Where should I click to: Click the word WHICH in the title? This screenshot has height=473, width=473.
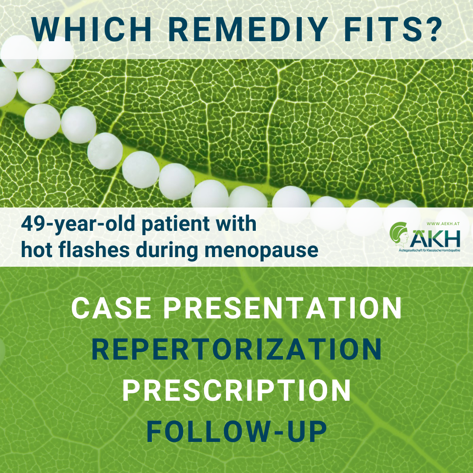(x=91, y=30)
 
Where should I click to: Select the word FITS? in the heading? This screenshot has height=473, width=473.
(x=393, y=30)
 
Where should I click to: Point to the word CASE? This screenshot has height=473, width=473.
(x=111, y=308)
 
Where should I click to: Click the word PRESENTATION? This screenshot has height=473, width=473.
(x=282, y=308)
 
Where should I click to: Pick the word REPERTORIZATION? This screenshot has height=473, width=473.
(x=236, y=349)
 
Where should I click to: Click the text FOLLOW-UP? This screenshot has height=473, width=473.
(x=236, y=432)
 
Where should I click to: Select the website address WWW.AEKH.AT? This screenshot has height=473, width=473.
(x=443, y=224)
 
